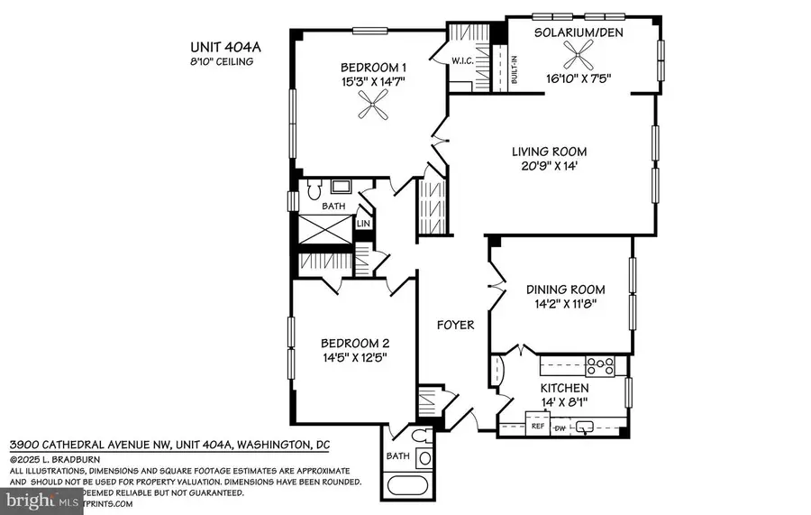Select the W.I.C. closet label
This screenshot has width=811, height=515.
(464, 61)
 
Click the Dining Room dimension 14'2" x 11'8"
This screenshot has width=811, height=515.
(565, 305)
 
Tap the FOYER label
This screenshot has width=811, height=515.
(455, 325)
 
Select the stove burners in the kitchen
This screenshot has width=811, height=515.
(599, 366)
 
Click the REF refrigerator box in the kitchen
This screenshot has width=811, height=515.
(539, 425)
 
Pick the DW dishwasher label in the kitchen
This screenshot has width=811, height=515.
(560, 427)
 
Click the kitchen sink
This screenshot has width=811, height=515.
(586, 426)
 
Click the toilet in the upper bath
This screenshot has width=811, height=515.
(313, 190)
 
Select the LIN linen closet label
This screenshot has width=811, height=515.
(364, 223)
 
